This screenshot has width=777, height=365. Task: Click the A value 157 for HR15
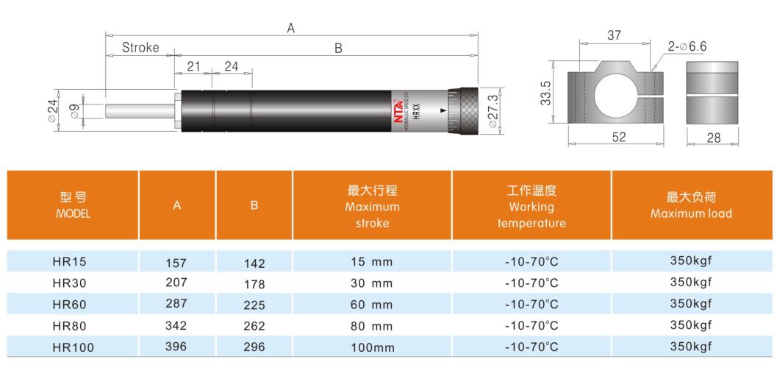point(176,261)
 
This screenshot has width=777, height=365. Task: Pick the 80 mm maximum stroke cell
point(372,325)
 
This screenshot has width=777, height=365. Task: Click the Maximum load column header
point(691,205)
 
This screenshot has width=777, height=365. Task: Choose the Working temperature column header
point(531,206)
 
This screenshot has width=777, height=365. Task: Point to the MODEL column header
point(72,205)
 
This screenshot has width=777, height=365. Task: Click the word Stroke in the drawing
point(140,48)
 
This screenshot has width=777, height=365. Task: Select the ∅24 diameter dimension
point(53,110)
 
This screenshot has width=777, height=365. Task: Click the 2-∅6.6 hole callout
point(688,46)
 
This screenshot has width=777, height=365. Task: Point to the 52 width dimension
point(618,138)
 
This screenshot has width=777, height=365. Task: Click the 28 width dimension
point(712,138)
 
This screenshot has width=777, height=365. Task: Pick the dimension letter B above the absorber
point(339,48)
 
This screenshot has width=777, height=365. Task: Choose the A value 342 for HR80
point(176,325)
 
